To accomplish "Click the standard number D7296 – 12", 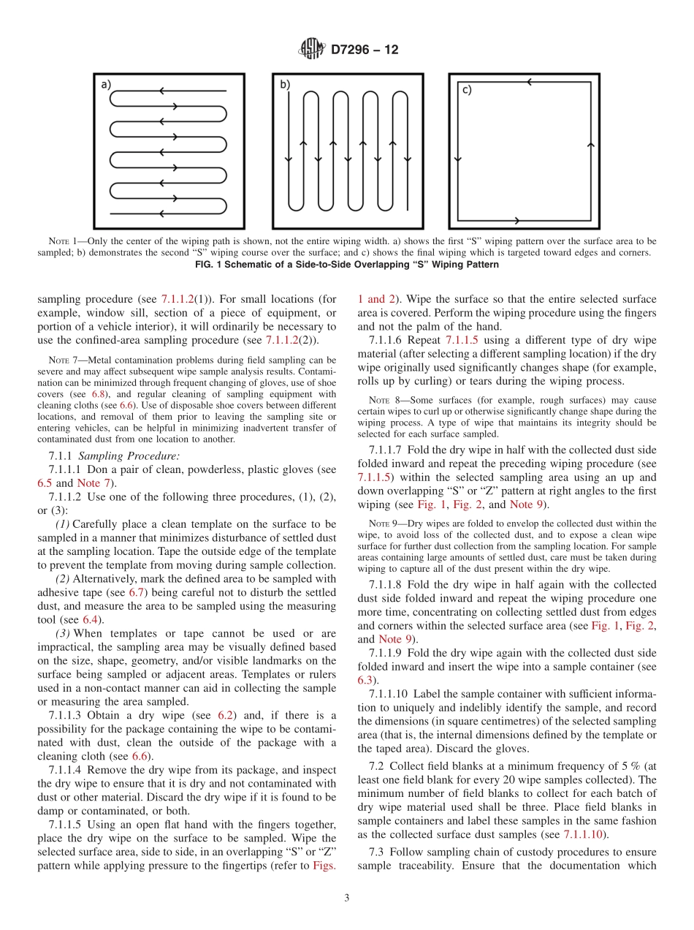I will (365, 50).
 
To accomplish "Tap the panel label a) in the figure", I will (106, 85).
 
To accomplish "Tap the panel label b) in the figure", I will (285, 85).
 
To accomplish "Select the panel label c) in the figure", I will (465, 90).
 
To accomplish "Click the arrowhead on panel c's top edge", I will (528, 82).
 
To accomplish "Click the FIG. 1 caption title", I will (347, 264).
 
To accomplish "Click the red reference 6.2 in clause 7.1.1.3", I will (225, 715).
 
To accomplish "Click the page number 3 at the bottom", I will (347, 898).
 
